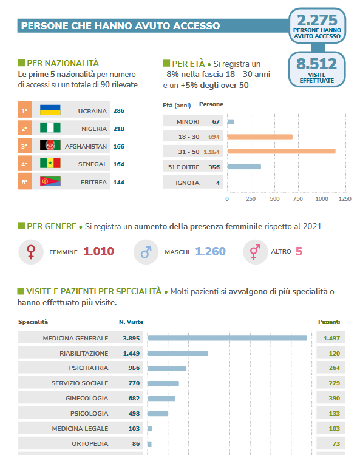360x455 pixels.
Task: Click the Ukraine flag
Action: click(50, 110)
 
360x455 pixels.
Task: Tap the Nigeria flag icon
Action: click(50, 127)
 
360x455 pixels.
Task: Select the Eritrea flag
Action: click(50, 181)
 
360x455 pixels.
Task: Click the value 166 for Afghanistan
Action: click(119, 147)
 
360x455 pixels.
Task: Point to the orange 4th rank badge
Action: click(25, 164)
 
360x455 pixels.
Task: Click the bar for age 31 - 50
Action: click(281, 151)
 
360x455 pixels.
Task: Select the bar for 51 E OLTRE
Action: click(244, 167)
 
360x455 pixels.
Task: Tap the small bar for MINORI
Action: click(231, 121)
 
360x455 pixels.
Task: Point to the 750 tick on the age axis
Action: click(298, 199)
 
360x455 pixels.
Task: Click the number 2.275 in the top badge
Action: click(317, 20)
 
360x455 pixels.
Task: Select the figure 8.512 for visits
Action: click(317, 64)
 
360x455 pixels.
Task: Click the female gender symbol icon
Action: click(31, 252)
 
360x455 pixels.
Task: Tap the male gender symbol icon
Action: click(146, 252)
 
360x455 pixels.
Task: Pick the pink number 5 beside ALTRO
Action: click(299, 251)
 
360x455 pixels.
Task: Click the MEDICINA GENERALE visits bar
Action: click(227, 338)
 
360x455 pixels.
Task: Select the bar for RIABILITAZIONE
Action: click(178, 353)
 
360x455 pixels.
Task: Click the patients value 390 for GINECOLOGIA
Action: click(334, 399)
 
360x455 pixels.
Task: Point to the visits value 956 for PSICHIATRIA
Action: click(134, 368)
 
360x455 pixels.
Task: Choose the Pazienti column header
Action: click(329, 322)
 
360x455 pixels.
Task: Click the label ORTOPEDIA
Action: click(90, 443)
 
